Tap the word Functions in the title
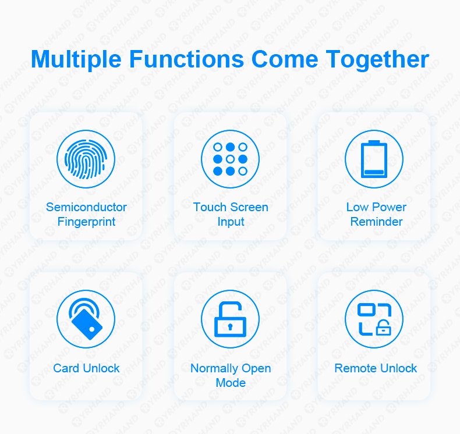(186, 59)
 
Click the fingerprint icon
(86, 159)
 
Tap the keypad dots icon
(230, 159)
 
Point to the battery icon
(374, 159)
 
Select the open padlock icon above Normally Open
(230, 319)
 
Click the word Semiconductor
(86, 207)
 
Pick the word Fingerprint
(86, 222)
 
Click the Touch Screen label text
(231, 207)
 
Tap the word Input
(231, 222)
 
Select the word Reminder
(376, 222)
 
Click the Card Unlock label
(86, 368)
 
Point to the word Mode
(231, 383)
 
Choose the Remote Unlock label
(376, 368)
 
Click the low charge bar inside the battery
(374, 172)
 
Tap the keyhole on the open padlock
(231, 326)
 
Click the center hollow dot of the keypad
(231, 159)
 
